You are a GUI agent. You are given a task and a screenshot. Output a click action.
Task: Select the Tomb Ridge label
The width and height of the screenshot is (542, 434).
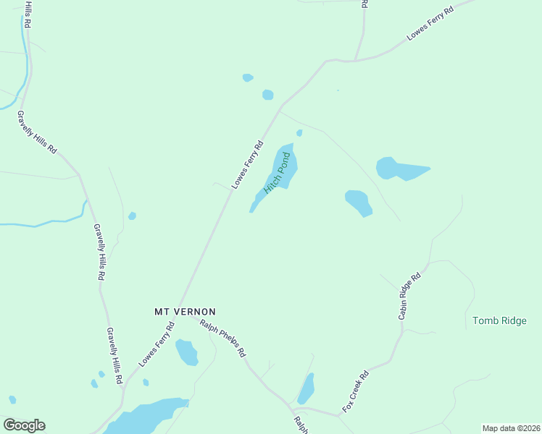499,320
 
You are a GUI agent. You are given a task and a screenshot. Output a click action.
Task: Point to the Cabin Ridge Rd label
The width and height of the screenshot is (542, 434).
409,296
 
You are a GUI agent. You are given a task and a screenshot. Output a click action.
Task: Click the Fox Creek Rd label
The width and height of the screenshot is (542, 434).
356,391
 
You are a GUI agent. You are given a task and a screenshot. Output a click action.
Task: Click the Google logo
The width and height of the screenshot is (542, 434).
24,425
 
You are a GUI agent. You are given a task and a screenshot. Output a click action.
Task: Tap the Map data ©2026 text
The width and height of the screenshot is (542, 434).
510,428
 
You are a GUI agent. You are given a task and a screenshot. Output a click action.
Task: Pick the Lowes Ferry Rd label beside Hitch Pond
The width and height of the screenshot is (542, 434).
247,164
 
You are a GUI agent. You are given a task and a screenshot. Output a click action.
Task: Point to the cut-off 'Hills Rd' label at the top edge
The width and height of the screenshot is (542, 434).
28,13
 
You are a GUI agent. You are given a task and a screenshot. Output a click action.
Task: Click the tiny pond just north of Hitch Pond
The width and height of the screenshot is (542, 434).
299,133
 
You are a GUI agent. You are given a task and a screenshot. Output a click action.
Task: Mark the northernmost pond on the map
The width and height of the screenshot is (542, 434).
248,77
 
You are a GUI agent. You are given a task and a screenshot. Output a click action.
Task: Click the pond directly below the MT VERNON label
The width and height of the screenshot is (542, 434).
186,352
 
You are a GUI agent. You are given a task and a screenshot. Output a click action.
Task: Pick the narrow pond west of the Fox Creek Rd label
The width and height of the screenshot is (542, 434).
307,388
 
